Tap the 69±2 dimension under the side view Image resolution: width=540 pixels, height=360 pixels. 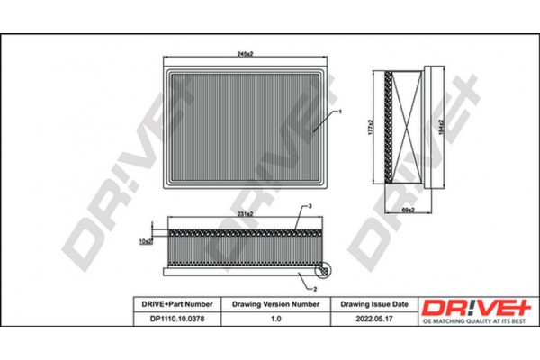(406, 211)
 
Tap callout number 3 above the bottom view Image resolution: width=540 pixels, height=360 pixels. (309, 208)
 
